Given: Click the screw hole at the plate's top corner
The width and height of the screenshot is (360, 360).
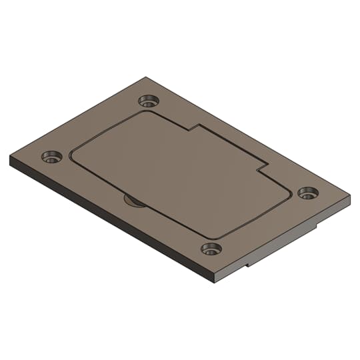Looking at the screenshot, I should pyautogui.click(x=149, y=101).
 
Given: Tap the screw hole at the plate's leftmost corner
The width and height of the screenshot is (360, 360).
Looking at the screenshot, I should pyautogui.click(x=51, y=157).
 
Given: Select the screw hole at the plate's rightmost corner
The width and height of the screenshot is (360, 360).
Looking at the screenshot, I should pyautogui.click(x=307, y=193).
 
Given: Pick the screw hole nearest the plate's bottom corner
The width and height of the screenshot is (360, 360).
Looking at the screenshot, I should pyautogui.click(x=211, y=249).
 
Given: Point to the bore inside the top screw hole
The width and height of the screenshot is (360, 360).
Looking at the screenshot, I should pyautogui.click(x=147, y=102).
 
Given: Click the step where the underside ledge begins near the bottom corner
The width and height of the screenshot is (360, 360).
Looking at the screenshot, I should pyautogui.click(x=248, y=265).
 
